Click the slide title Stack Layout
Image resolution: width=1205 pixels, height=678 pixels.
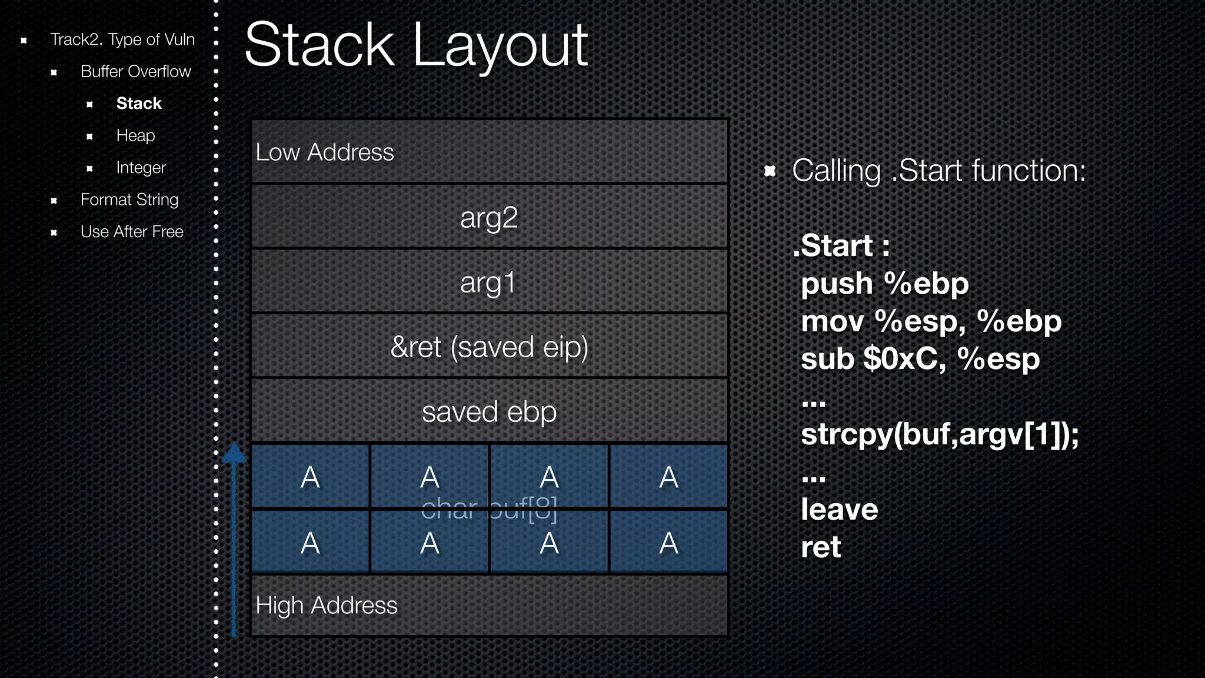(x=416, y=46)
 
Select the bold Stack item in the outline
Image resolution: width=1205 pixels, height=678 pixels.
(x=139, y=104)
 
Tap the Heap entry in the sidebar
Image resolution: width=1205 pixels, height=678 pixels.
(x=135, y=135)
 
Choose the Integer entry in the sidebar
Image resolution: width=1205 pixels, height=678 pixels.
(x=141, y=168)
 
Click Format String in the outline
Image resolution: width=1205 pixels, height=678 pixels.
(x=129, y=200)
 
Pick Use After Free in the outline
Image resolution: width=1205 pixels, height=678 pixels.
(x=132, y=232)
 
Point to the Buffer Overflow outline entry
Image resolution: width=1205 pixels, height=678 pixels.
(x=135, y=71)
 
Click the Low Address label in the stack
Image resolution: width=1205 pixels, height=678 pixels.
(x=325, y=152)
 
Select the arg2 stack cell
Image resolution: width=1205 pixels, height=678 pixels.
(x=489, y=217)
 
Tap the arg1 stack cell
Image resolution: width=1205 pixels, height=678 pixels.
(x=489, y=282)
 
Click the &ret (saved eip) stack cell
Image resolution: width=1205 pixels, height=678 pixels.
(x=489, y=347)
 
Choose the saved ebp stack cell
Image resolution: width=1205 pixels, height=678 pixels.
(x=489, y=411)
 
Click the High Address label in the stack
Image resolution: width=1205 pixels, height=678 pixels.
(x=327, y=606)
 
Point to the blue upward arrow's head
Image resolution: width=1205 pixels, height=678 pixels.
(x=234, y=453)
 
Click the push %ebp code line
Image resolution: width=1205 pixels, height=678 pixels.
(x=884, y=284)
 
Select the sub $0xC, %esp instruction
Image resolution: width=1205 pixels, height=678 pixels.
(x=920, y=359)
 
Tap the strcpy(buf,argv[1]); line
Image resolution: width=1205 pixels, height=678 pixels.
(x=940, y=434)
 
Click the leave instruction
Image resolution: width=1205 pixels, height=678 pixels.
(x=839, y=510)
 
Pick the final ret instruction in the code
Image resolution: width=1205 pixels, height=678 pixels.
(x=821, y=547)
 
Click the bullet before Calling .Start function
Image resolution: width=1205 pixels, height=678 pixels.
(x=770, y=171)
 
